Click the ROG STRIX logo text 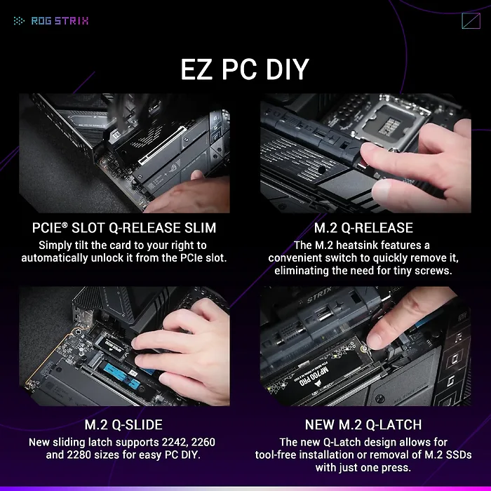pyautogui.click(x=60, y=20)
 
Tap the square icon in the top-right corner pyautogui.click(x=471, y=20)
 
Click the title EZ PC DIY pyautogui.click(x=245, y=69)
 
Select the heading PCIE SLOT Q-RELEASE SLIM pyautogui.click(x=124, y=228)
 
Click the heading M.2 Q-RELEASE pyautogui.click(x=363, y=228)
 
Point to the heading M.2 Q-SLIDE pyautogui.click(x=123, y=425)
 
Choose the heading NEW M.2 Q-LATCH pyautogui.click(x=363, y=425)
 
